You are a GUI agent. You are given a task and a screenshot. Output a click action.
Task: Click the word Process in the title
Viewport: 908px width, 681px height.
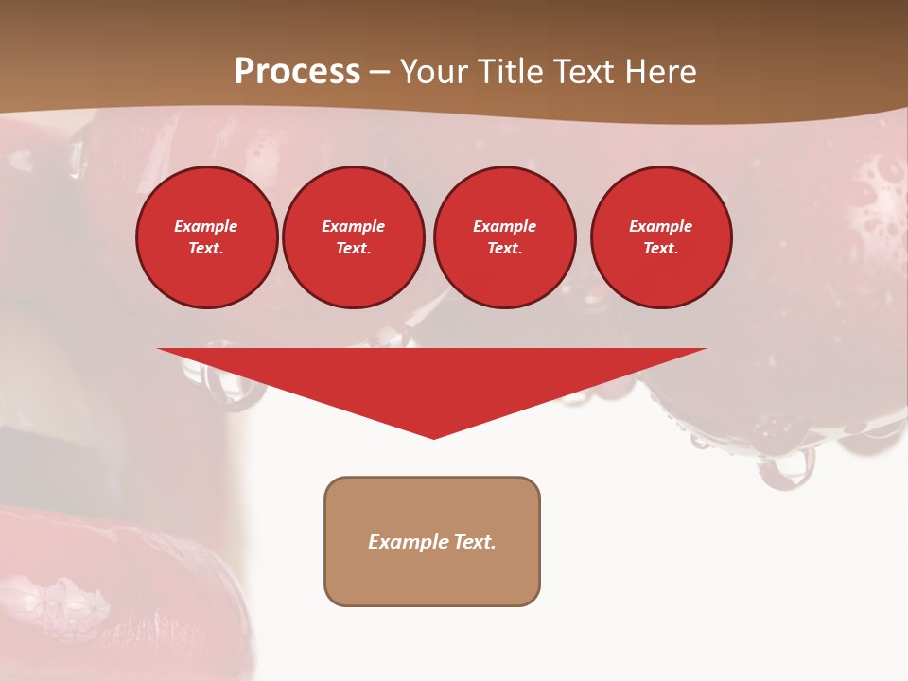point(297,72)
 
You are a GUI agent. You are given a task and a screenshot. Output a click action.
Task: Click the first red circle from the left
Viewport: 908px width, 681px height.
point(207,237)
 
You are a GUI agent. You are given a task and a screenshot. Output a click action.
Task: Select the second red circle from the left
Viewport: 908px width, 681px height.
point(354,237)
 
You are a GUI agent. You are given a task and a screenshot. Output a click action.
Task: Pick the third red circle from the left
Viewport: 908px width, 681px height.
point(505,237)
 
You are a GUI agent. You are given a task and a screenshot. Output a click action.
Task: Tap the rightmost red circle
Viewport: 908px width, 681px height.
point(661,237)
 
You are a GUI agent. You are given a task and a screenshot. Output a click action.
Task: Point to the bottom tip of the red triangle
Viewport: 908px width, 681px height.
point(433,437)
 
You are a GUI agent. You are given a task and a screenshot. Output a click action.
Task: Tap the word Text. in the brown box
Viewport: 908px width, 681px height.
point(475,542)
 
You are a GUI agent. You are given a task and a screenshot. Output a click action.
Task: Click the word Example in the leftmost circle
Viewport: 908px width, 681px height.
point(206,226)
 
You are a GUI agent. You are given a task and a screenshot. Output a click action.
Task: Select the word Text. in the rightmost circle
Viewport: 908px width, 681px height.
point(661,249)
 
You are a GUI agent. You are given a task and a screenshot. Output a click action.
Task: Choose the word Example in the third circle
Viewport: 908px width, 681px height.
point(505,226)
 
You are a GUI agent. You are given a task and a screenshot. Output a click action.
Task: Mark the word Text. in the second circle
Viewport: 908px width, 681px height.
point(354,249)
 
